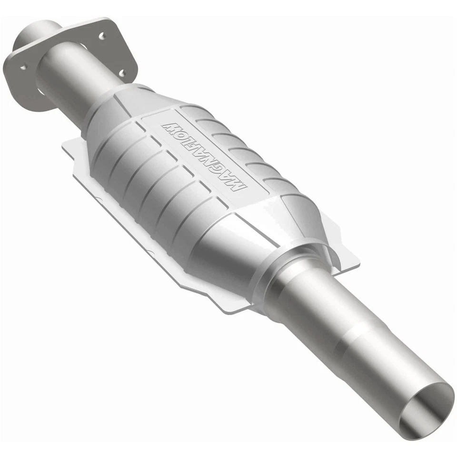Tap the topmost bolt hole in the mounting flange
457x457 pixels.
101,35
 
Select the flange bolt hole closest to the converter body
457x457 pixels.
122,73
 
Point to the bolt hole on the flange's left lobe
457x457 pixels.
23,68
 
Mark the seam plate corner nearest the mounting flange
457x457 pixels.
67,145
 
